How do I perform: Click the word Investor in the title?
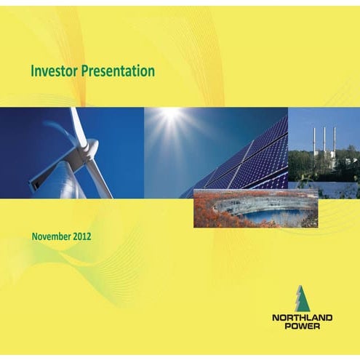pos(52,71)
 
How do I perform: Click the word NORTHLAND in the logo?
pos(302,317)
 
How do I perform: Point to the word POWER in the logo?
pos(302,327)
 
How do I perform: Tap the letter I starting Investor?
pos(33,71)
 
